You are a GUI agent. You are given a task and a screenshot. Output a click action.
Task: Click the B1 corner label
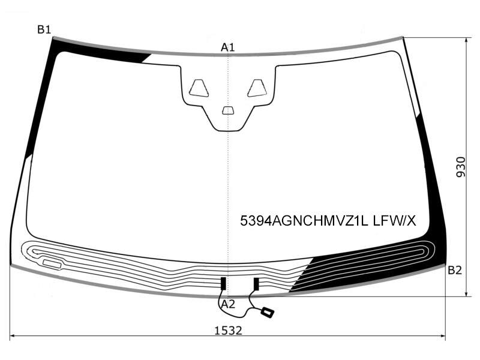pyautogui.click(x=44, y=29)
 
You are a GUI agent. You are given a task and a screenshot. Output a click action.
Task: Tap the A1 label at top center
pyautogui.click(x=228, y=47)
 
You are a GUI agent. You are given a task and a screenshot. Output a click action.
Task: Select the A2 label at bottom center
pyautogui.click(x=228, y=304)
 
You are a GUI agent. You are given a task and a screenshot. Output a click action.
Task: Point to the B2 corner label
pyautogui.click(x=455, y=271)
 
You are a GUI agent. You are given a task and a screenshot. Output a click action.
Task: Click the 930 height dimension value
pyautogui.click(x=461, y=167)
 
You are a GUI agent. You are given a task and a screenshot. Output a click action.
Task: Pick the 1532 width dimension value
pyautogui.click(x=228, y=331)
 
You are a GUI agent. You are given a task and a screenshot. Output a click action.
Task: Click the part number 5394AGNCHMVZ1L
pyautogui.click(x=304, y=220)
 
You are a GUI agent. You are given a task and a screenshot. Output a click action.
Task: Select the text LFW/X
pyautogui.click(x=395, y=220)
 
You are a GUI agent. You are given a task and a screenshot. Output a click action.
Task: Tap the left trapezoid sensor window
pyautogui.click(x=199, y=88)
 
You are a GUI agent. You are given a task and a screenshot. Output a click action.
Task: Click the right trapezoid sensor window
pyautogui.click(x=257, y=88)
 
